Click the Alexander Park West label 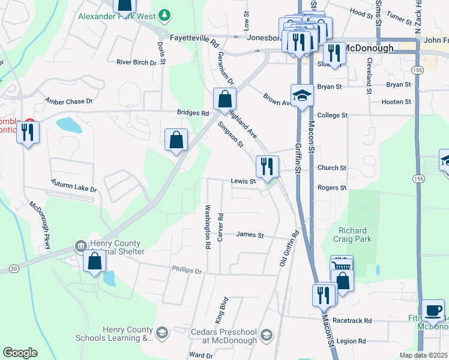(x=118, y=16)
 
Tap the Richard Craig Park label (x=355, y=235)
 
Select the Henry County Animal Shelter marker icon (x=80, y=246)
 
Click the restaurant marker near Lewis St (x=267, y=166)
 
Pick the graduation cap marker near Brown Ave (x=302, y=94)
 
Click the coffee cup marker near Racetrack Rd (x=433, y=310)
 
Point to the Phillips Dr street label (x=186, y=271)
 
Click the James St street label (x=250, y=235)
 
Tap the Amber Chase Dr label (x=69, y=101)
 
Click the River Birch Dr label (x=136, y=62)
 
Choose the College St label (x=332, y=115)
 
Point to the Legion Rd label (x=351, y=341)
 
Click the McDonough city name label (x=368, y=48)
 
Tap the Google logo (x=20, y=352)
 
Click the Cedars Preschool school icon (x=267, y=334)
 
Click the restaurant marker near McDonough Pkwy (x=28, y=132)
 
